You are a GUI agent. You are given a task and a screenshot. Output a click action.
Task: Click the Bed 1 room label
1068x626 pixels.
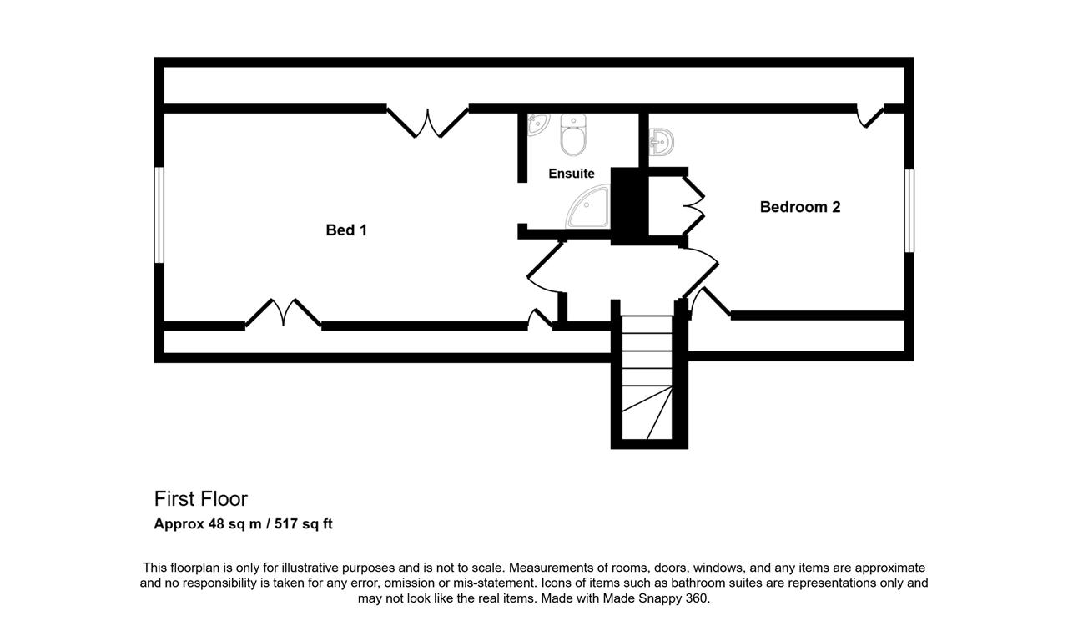pos(346,230)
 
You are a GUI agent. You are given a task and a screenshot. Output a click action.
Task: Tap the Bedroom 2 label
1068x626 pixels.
pos(800,207)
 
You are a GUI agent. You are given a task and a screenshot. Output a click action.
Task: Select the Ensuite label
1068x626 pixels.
pos(572,174)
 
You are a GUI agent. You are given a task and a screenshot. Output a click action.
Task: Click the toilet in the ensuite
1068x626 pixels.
pos(572,134)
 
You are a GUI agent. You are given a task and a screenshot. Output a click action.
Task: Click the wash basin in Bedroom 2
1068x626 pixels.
pos(661,141)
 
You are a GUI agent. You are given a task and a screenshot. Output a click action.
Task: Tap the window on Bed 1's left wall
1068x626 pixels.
pos(159,215)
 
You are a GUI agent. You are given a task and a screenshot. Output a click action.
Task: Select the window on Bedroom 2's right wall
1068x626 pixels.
pos(909,210)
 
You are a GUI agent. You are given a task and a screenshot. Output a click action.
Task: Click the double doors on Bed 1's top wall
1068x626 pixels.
pos(428,122)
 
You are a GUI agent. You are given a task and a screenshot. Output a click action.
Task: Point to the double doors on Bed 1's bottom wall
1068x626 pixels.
pos(283,313)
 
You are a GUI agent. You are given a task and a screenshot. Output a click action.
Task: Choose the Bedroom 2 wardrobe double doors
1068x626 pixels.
pos(693,205)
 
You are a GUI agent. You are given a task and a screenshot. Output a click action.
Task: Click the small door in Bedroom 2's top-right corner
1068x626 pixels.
pos(870,116)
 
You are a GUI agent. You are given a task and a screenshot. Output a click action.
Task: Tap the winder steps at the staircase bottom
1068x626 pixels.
pos(647,412)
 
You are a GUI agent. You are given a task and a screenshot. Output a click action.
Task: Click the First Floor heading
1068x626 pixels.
pos(201,499)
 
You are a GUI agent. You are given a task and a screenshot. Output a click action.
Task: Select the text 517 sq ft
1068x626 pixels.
pos(303,524)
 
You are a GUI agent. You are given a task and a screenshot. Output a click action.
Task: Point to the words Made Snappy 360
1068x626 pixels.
pos(655,598)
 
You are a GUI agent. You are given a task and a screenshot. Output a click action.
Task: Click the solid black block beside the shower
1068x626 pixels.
pos(629,206)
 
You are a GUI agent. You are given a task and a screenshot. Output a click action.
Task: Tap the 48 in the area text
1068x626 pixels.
pos(216,524)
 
